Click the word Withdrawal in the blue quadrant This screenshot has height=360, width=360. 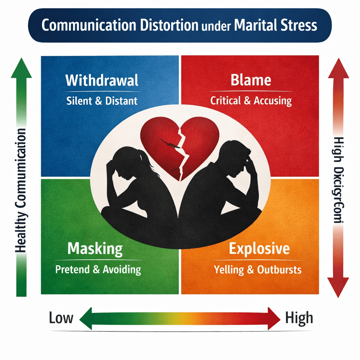point(102,81)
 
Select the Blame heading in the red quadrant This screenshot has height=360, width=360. point(251,80)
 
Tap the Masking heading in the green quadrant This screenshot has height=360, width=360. point(95,249)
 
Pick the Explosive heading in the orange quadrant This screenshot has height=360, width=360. point(259,249)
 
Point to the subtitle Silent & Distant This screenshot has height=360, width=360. point(102,101)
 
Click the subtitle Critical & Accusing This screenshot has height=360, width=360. point(251,101)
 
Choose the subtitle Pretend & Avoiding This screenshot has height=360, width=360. point(98,270)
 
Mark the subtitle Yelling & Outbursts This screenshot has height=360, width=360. point(258,270)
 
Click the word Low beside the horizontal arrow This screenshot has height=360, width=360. point(61,318)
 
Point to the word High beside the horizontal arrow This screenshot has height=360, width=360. point(299,318)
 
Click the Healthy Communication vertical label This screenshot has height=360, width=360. point(21,190)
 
